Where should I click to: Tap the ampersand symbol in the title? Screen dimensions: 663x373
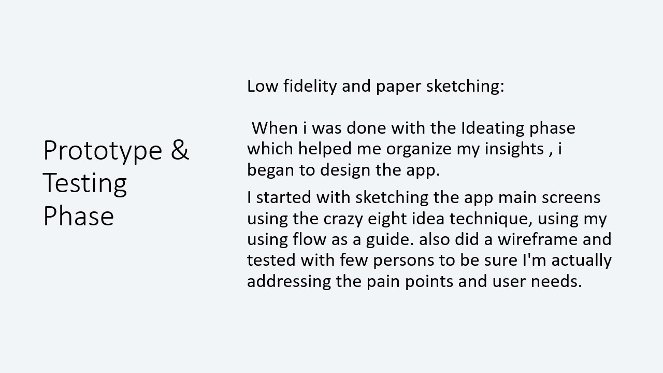pos(180,150)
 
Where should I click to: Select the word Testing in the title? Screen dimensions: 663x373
pos(85,184)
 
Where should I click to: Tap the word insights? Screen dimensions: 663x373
pos(514,149)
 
